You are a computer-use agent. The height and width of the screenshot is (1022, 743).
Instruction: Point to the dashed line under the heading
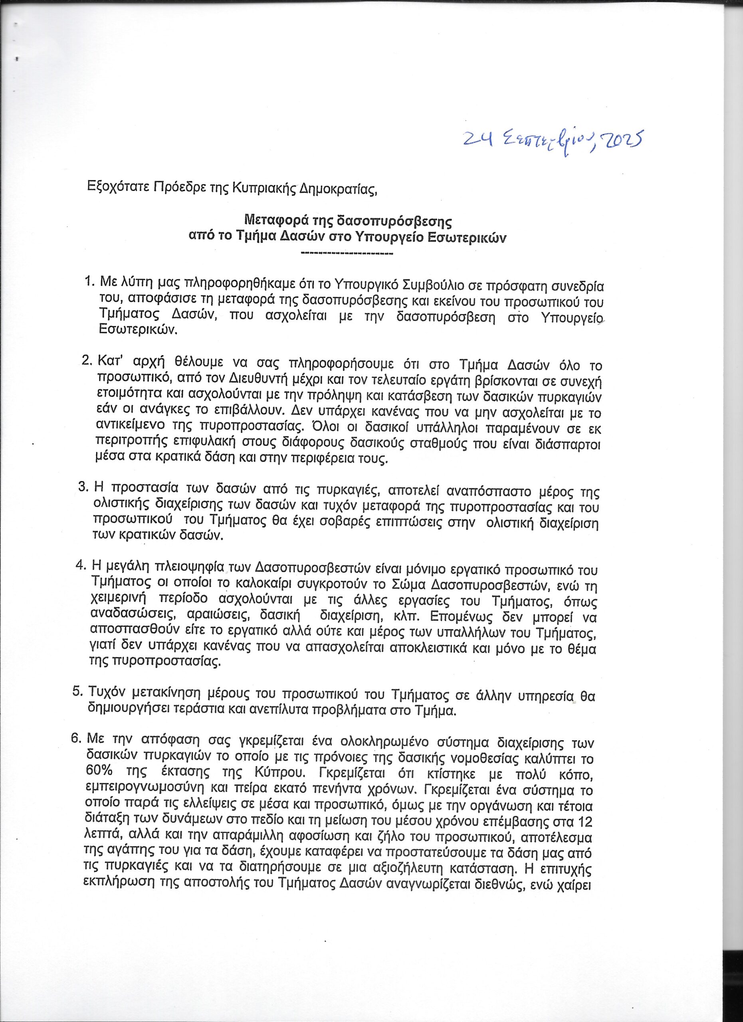346,255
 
